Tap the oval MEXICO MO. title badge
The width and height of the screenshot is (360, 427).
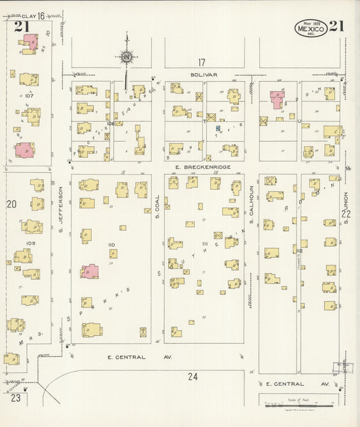310,28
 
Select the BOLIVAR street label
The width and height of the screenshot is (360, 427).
201,76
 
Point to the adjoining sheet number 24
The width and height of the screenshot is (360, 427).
192,376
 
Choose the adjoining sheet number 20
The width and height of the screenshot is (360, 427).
11,203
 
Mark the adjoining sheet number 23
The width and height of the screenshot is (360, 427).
15,398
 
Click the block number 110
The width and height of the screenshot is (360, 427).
111,245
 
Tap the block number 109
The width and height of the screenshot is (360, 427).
30,243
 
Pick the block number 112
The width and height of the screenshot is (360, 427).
299,251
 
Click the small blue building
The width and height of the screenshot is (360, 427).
218,127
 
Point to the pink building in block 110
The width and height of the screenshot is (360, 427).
90,272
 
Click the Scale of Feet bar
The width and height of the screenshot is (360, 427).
298,405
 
